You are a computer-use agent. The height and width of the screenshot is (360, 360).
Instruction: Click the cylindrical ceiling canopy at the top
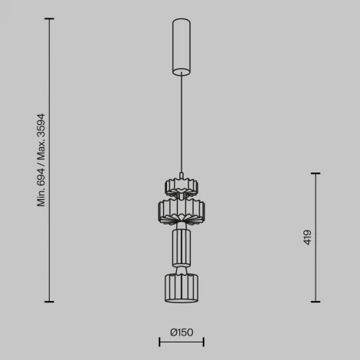[x=181, y=46]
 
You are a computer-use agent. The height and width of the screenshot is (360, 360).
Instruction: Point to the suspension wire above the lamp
[x=181, y=123]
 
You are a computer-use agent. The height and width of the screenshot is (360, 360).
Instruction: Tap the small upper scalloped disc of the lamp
[x=182, y=186]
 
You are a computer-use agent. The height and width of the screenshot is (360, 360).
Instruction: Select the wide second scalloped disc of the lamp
[x=182, y=208]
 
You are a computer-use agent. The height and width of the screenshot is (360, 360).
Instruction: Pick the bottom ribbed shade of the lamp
[x=182, y=288]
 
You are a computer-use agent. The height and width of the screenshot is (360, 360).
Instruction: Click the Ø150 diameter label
[x=182, y=332]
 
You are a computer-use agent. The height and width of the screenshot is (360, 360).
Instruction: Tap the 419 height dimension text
[x=307, y=237]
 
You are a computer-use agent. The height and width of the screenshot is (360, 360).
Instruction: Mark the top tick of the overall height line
[x=50, y=19]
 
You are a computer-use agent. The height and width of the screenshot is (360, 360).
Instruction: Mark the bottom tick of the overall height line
[x=50, y=302]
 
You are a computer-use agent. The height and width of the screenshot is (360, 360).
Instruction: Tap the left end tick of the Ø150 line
[x=159, y=342]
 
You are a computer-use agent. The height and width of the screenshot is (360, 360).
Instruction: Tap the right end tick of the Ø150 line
[x=203, y=342]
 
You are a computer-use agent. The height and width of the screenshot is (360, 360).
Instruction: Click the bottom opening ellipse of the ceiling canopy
[x=181, y=73]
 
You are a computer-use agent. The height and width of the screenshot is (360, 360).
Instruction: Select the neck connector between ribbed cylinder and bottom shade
[x=182, y=269]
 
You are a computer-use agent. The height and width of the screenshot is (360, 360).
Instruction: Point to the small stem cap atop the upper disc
[x=182, y=174]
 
